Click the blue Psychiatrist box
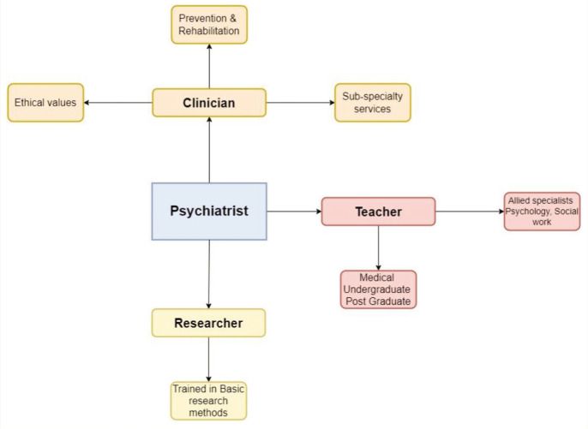pyautogui.click(x=209, y=212)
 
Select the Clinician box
pyautogui.click(x=209, y=103)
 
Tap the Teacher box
pyautogui.click(x=378, y=212)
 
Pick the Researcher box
pyautogui.click(x=208, y=323)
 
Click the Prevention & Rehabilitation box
pyautogui.click(x=209, y=25)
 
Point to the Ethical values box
pyautogui.click(x=45, y=103)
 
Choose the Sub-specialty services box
pyautogui.click(x=373, y=103)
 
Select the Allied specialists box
pyautogui.click(x=542, y=212)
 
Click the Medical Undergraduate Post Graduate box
pyautogui.click(x=378, y=289)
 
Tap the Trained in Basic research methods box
pyautogui.click(x=208, y=401)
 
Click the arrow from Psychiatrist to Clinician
pyautogui.click(x=209, y=150)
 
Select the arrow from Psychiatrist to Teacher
pyautogui.click(x=294, y=212)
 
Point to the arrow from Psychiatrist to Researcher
pyautogui.click(x=209, y=274)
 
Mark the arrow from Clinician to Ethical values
pyautogui.click(x=118, y=103)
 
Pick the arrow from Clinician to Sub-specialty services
pyautogui.click(x=300, y=103)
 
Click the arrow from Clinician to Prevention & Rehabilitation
pyautogui.click(x=209, y=66)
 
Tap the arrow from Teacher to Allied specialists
pyautogui.click(x=470, y=212)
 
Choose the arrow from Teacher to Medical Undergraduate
pyautogui.click(x=378, y=248)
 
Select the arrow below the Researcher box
pyautogui.click(x=208, y=360)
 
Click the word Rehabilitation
pyautogui.click(x=209, y=31)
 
